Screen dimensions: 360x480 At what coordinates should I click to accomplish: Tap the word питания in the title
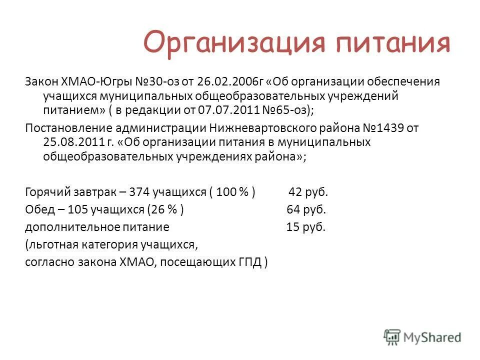coord(393,42)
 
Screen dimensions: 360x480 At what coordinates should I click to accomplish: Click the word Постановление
coord(68,128)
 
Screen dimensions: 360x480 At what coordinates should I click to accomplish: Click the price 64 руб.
coord(306,209)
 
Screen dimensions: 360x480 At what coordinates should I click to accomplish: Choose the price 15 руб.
coord(305,227)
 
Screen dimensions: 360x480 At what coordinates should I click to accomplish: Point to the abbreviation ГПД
coord(252,262)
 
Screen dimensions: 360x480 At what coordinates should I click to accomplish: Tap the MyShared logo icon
coord(392,336)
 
